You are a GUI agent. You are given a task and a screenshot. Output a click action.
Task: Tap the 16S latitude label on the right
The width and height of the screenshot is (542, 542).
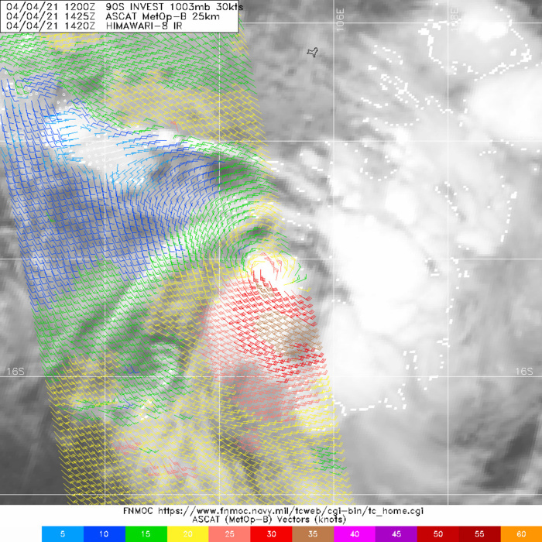coord(524,372)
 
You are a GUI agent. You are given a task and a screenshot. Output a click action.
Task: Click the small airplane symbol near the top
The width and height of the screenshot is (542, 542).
coord(313,53)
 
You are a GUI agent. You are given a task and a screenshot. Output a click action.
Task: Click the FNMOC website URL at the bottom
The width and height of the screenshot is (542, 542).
coord(303,511)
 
